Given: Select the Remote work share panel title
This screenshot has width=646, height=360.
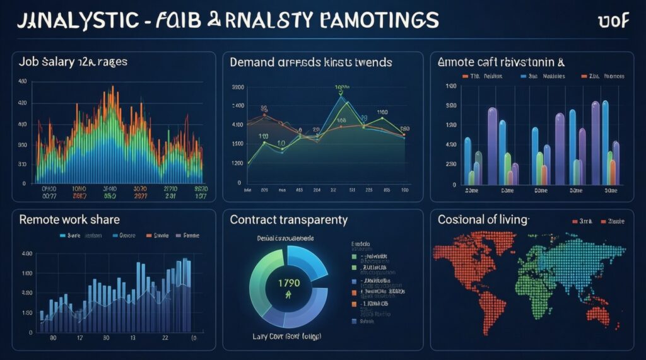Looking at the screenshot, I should tap(69, 220).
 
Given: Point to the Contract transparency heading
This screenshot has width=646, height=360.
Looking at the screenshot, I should tap(288, 220).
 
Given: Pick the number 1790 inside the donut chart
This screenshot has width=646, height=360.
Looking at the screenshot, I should tap(288, 282).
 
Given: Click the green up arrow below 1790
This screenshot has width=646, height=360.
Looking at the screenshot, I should tap(288, 294).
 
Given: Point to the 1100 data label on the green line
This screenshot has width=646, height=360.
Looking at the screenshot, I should tap(382, 113).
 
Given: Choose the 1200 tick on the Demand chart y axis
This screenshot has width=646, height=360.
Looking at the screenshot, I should tap(238, 163).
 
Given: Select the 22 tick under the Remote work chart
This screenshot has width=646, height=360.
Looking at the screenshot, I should tap(165, 338).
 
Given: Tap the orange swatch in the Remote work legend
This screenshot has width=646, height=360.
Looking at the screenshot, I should tap(150, 235).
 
